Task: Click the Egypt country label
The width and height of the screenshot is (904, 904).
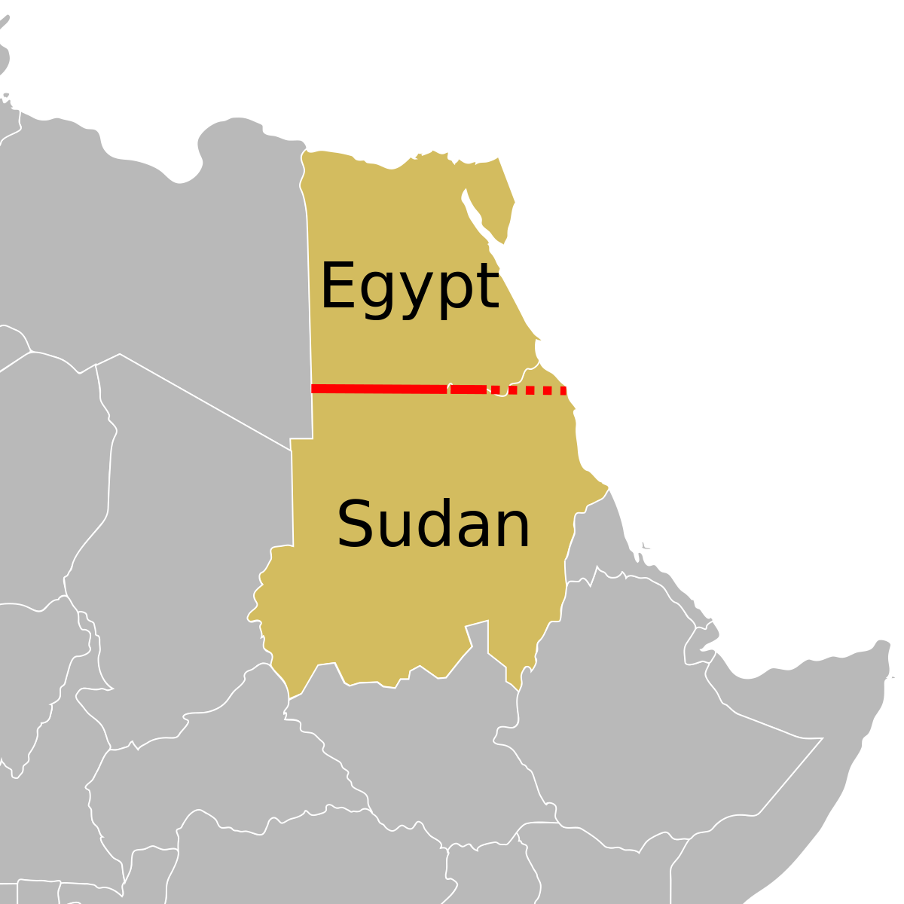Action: tap(409, 287)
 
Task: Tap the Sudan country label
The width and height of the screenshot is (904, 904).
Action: tap(433, 525)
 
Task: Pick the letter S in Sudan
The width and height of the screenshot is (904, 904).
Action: tap(356, 524)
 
